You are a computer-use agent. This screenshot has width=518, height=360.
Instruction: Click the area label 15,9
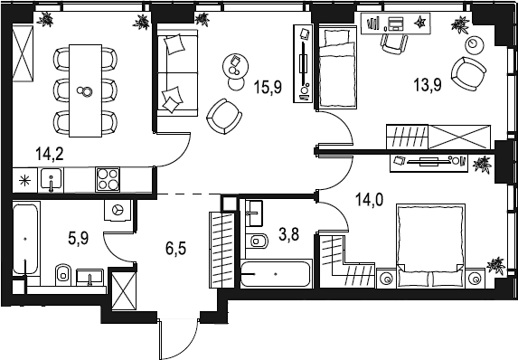coord(268,87)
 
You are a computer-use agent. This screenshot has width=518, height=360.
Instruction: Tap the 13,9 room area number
coord(428,85)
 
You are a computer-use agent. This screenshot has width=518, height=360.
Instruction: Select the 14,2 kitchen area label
coord(50,154)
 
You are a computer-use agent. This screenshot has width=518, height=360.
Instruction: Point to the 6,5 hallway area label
coord(175,248)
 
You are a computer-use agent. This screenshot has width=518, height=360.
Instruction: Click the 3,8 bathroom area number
coord(289,235)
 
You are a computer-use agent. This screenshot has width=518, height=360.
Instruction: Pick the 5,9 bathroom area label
coord(79,238)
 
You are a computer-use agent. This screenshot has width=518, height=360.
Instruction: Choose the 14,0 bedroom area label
coord(370,200)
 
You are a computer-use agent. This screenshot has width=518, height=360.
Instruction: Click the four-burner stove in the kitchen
coord(108,179)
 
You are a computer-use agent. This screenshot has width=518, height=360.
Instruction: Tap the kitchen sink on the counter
coord(51,179)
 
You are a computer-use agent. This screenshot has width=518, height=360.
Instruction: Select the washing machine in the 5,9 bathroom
coord(118,210)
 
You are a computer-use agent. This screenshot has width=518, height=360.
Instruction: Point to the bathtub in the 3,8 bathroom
coord(276,274)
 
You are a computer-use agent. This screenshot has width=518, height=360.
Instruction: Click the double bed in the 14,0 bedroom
coord(431,245)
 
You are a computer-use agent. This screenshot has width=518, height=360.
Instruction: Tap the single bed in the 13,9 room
coord(337,67)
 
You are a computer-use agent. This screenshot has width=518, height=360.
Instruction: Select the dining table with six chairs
coord(85,91)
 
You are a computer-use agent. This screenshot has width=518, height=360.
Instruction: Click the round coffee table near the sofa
coord(235,65)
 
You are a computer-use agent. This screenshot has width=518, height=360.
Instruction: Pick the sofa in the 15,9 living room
coord(177,72)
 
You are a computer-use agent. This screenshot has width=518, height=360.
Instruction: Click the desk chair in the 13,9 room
coord(394,43)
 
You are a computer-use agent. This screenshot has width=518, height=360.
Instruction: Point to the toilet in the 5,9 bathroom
coord(63,274)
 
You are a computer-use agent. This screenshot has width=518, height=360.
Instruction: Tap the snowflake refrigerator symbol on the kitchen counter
coord(24,180)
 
